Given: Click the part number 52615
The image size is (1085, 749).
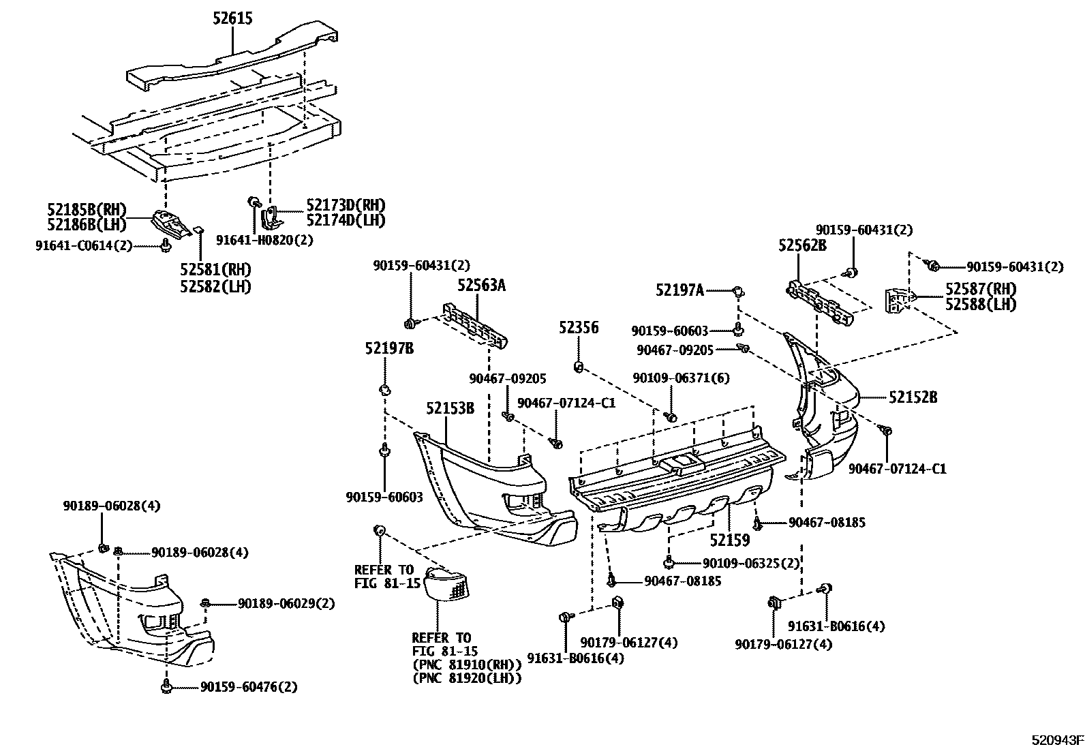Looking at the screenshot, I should (x=231, y=18).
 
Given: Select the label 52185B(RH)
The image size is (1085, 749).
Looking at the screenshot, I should (x=87, y=210).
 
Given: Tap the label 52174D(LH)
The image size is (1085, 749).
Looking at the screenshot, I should (x=346, y=220).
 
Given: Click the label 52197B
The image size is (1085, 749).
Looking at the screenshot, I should (x=389, y=348).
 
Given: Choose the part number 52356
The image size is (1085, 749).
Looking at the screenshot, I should (x=579, y=328).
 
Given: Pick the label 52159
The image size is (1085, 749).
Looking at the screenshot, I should (x=729, y=540).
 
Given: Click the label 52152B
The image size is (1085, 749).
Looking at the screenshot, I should (x=913, y=397).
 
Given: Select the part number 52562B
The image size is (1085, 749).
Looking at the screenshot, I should (x=802, y=245).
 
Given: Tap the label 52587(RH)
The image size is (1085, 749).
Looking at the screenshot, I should (x=980, y=290).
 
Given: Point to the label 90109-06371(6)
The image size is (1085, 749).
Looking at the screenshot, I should (x=671, y=378).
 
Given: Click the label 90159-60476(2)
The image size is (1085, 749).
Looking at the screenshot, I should (x=249, y=687).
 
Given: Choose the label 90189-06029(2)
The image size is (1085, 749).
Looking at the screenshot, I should (x=286, y=604).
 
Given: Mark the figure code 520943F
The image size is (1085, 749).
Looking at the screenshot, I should (x=1056, y=740).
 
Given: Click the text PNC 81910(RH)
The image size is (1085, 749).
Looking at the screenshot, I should (x=467, y=664).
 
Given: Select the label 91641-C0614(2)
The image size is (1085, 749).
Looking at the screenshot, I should (x=84, y=245).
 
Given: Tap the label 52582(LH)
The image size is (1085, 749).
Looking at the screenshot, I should (x=215, y=287).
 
